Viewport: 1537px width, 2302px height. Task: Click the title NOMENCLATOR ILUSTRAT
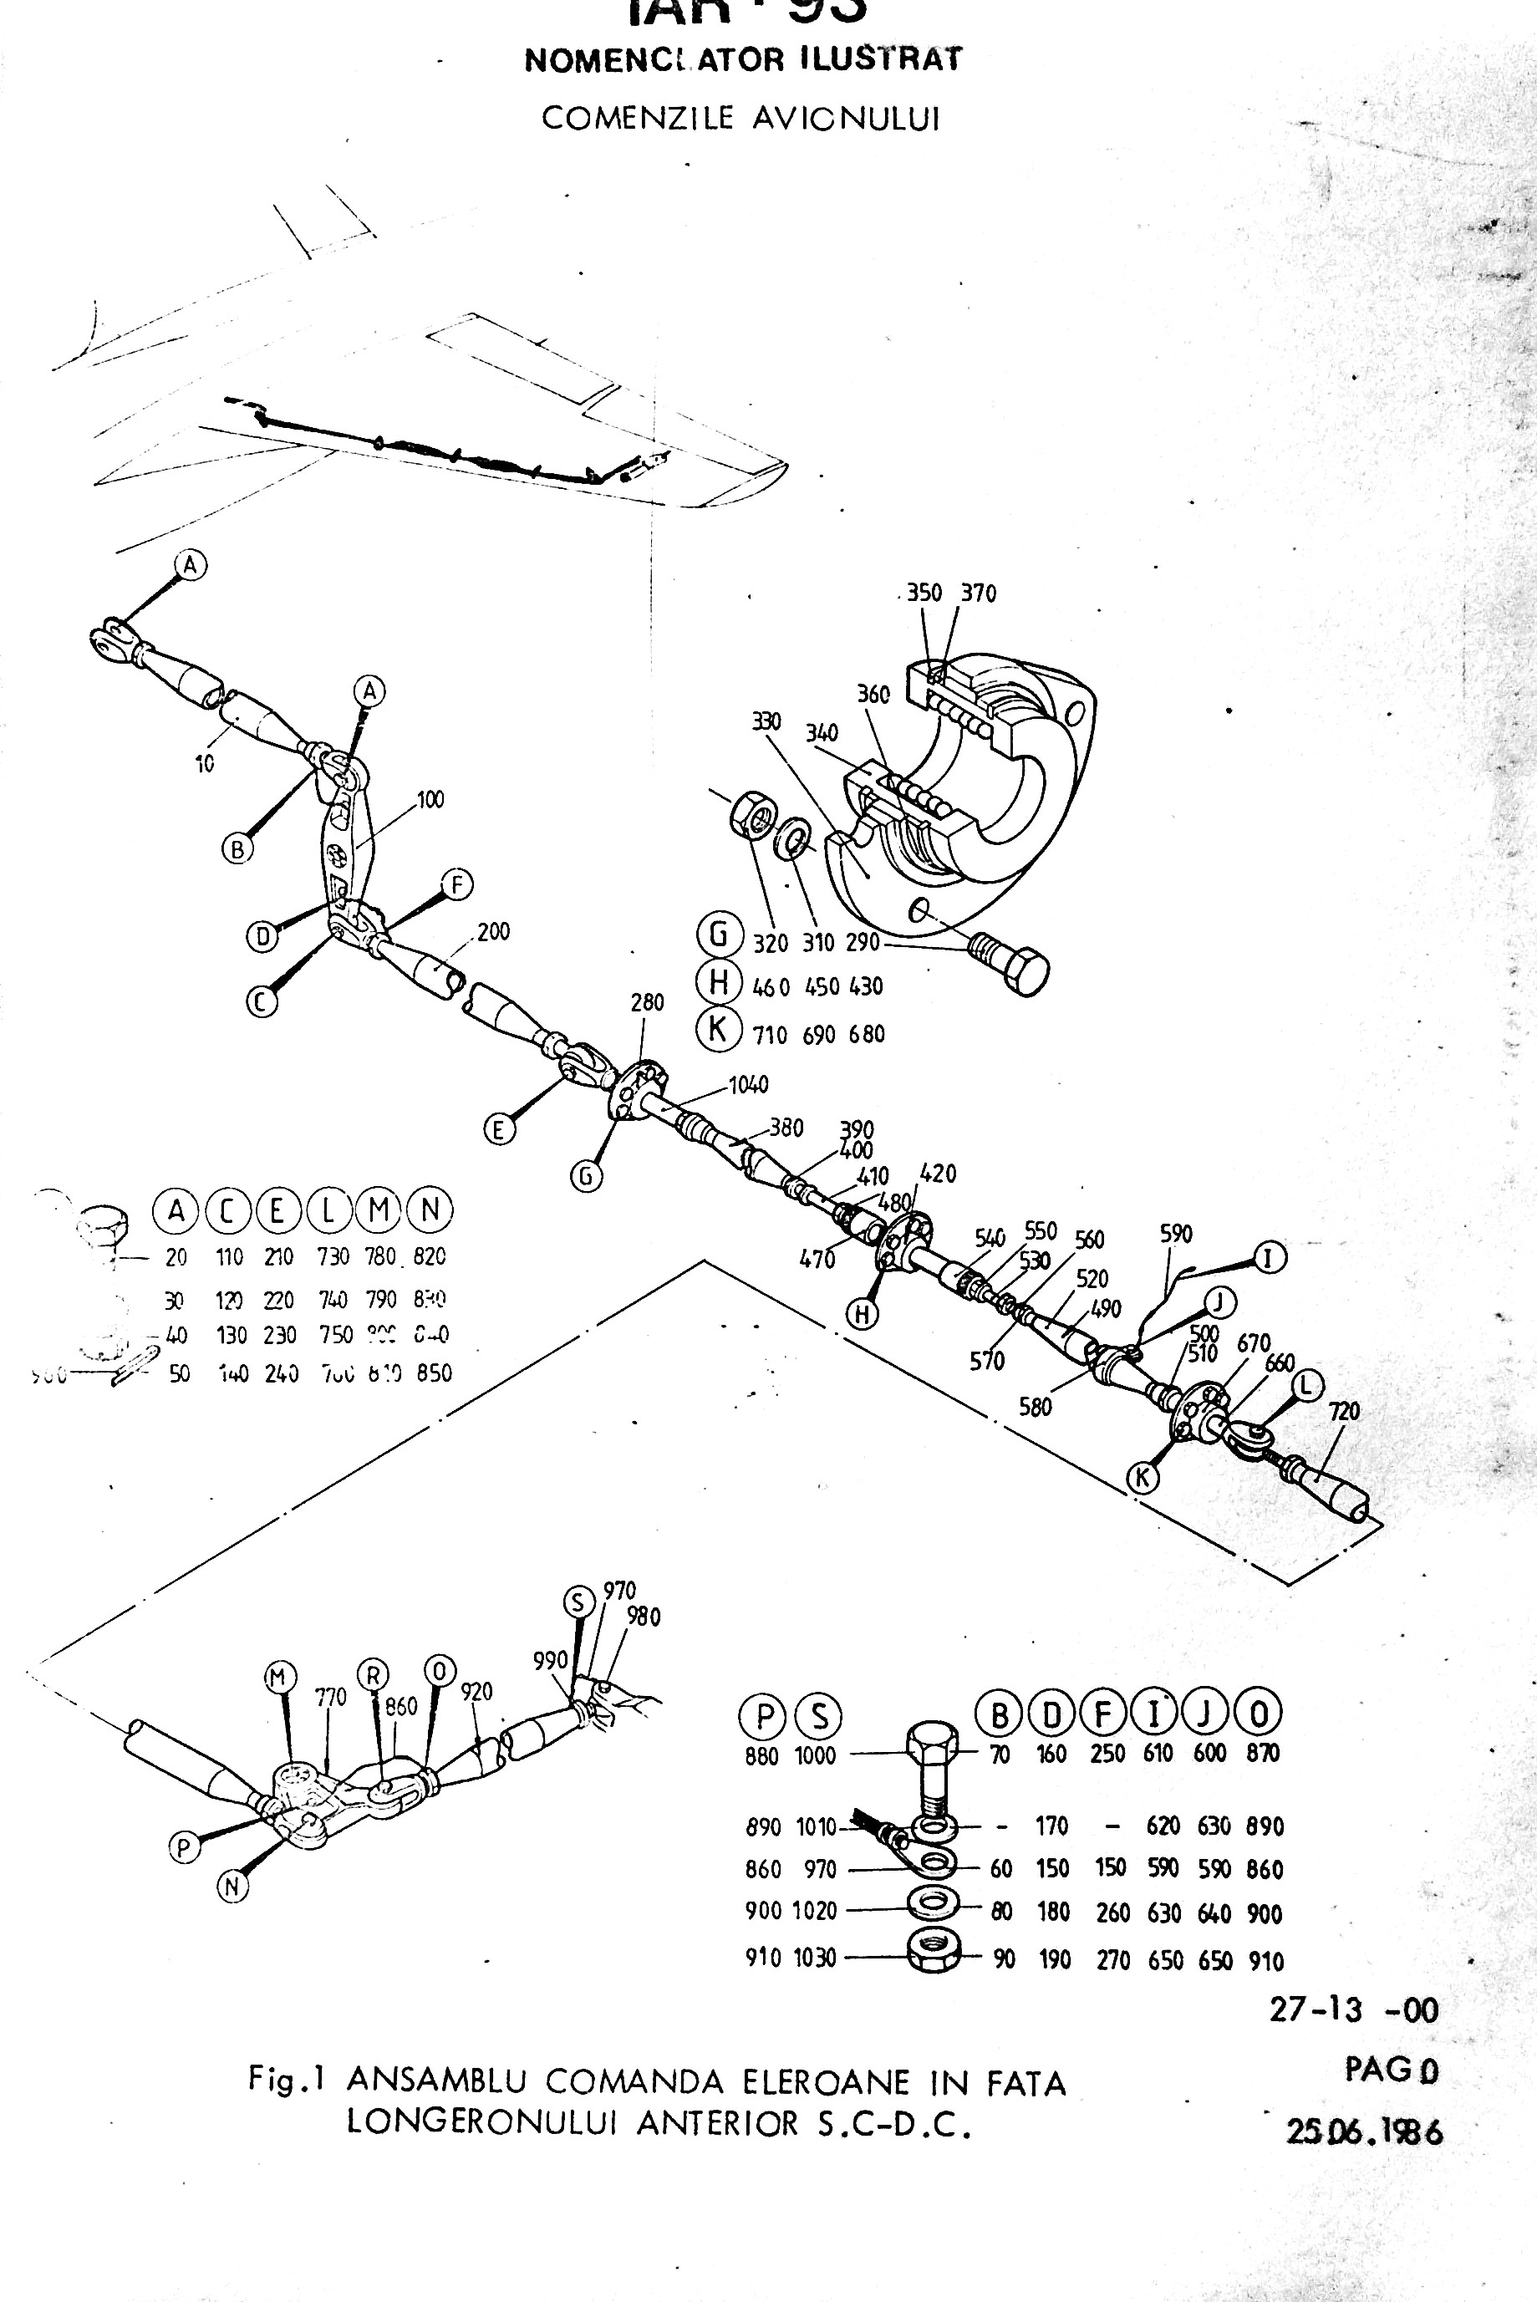pyautogui.click(x=743, y=60)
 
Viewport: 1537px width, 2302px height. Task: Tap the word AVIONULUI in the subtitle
pyautogui.click(x=846, y=119)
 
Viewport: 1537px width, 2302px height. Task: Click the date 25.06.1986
pyautogui.click(x=1363, y=2131)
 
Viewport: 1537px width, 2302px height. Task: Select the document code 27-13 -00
pyautogui.click(x=1354, y=2009)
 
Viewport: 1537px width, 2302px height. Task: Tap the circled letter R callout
pyautogui.click(x=374, y=1674)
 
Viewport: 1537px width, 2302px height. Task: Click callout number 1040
pyautogui.click(x=748, y=1084)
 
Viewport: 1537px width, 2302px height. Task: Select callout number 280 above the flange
pyautogui.click(x=647, y=1002)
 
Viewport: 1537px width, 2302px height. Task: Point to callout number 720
pyautogui.click(x=1344, y=1411)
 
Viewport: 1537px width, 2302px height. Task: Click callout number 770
pyautogui.click(x=330, y=1696)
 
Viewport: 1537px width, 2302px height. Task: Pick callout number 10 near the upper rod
pyautogui.click(x=204, y=763)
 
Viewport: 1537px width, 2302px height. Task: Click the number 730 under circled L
pyautogui.click(x=333, y=1256)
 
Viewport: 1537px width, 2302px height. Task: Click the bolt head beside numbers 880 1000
pyautogui.click(x=932, y=1750)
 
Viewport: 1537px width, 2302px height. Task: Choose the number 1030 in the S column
pyautogui.click(x=815, y=1958)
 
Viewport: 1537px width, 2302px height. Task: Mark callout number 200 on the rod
pyautogui.click(x=493, y=931)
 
